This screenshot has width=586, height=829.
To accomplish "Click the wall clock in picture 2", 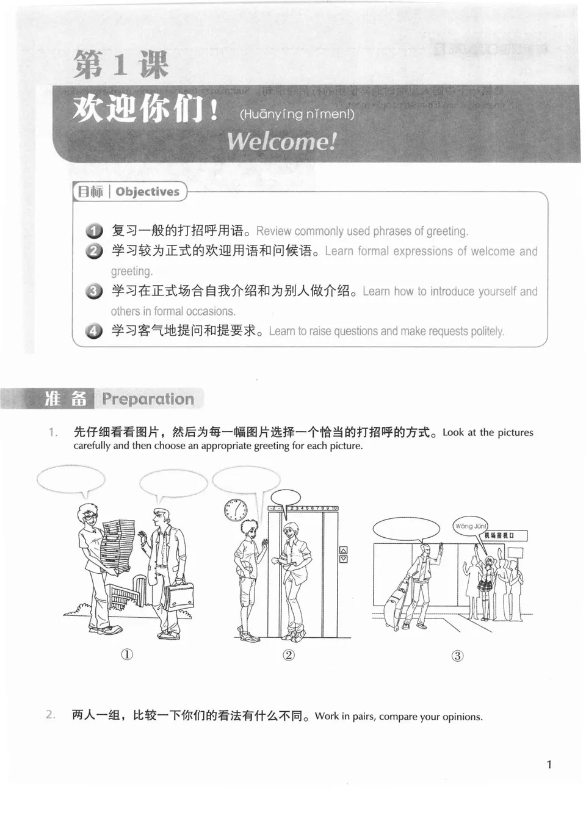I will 235,510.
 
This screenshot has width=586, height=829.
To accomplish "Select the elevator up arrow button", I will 343,549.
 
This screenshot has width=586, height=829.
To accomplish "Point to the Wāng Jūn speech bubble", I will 470,526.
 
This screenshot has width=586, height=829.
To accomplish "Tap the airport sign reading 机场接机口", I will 499,535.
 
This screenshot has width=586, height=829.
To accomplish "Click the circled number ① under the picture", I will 126,654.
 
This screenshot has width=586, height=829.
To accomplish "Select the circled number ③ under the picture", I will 457,656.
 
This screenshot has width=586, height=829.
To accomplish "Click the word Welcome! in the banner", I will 281,142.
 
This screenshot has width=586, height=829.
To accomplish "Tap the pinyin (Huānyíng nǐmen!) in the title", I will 297,114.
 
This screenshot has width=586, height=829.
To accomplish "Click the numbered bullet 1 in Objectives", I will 94,231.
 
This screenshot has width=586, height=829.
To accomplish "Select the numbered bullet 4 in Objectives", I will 94,331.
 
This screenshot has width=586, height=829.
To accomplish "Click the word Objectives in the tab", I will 147,192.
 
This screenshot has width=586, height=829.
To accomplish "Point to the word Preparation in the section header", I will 148,399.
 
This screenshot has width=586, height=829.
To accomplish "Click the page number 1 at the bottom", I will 549,764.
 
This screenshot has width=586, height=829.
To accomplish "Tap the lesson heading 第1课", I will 121,64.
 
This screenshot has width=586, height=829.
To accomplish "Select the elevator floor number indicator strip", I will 303,508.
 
